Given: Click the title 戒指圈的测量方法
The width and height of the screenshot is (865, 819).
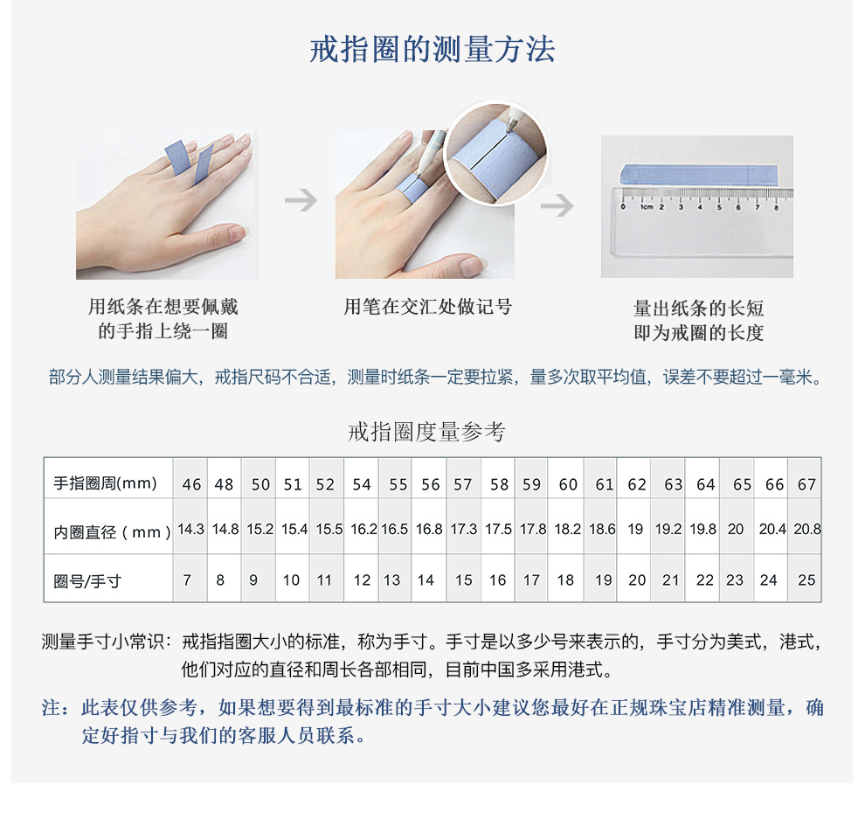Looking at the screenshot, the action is pos(432,49).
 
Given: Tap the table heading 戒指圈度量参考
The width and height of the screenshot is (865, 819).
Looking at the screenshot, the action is pos(426,432).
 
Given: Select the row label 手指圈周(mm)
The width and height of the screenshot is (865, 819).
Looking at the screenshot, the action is pos(106,483).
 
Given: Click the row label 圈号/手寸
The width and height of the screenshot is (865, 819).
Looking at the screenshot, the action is pos(87,580).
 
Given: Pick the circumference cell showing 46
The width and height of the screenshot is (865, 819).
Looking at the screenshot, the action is pos(191,484).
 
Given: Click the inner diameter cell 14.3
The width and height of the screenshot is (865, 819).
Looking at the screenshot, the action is pos(190,530).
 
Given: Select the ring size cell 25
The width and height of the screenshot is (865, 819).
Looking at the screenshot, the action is pos(806,580).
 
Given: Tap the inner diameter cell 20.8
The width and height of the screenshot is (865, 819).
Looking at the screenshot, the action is pos(807,530).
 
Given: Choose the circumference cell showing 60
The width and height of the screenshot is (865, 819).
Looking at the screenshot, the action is pos(568,484).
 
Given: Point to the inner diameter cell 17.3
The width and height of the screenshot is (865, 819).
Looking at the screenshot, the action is pos(463,530).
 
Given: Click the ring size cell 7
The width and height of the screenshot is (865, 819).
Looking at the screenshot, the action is pos(187,580).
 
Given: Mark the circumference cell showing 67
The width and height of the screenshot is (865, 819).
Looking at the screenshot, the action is pos(806,484).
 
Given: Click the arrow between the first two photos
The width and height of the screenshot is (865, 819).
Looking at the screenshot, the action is pos(301,200).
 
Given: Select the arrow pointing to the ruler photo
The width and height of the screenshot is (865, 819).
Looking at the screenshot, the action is pos(557,205).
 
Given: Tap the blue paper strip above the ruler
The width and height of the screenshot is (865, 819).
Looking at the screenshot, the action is pos(699,175).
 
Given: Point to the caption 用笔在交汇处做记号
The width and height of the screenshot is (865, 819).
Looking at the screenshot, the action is pos(428,306).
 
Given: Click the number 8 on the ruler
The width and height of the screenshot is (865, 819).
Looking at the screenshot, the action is pos(776,207).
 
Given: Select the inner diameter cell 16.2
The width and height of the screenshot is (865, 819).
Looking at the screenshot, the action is pos(363,530).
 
